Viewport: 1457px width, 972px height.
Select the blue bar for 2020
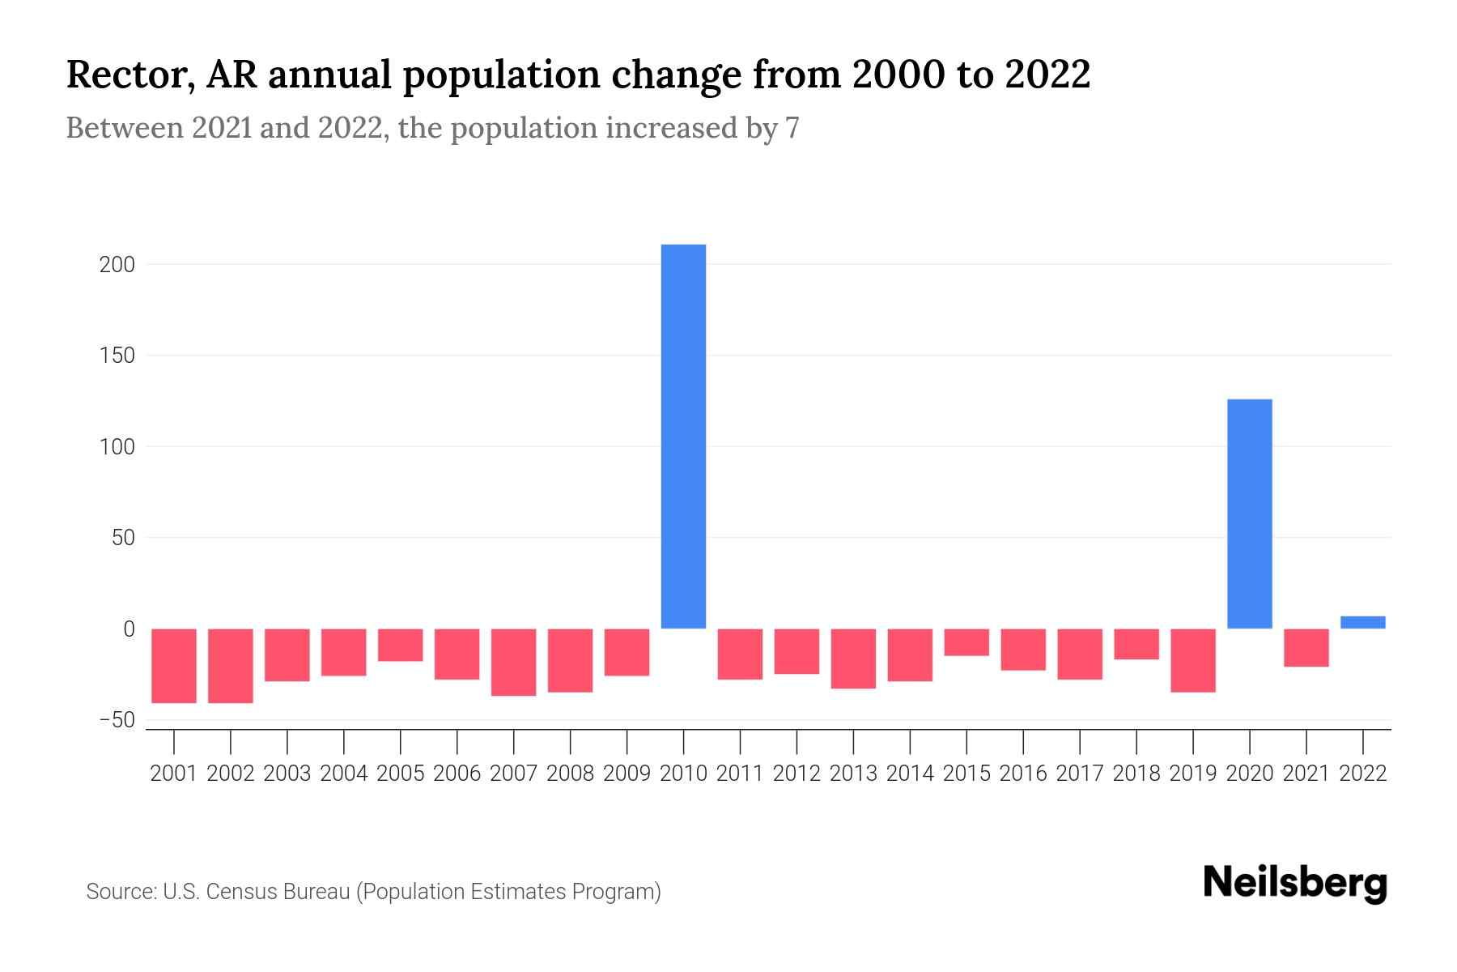[x=1249, y=514]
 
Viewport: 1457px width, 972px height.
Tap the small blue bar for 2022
[x=1362, y=622]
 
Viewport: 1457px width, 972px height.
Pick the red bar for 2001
[x=174, y=665]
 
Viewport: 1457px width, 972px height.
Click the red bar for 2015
[x=966, y=642]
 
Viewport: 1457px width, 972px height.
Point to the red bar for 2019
[x=1192, y=660]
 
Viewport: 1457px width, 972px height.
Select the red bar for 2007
[x=513, y=662]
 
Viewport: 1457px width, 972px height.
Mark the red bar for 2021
[x=1306, y=647]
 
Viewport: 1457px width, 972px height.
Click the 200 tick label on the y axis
[x=117, y=265]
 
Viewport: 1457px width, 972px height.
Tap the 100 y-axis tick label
[x=117, y=447]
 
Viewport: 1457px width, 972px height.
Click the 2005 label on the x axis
[x=400, y=774]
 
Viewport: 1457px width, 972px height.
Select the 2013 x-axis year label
[x=853, y=774]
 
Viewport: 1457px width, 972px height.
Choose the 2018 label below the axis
[x=1136, y=774]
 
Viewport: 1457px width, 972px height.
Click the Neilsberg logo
[x=1294, y=883]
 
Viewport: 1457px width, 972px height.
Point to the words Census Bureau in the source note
[x=280, y=892]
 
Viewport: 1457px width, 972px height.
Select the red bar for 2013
[x=853, y=658]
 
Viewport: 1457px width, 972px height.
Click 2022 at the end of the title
[x=1047, y=75]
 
